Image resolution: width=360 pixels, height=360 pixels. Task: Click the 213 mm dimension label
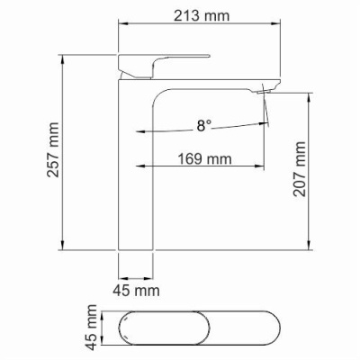tap(202, 15)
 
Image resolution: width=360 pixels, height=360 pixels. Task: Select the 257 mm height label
tap(53, 149)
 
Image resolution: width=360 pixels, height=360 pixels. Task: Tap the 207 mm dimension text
tap(299, 169)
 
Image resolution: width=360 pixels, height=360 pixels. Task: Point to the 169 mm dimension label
tap(205, 158)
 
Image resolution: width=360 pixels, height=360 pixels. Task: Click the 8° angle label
tap(204, 125)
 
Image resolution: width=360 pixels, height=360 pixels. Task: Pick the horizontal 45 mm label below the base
tap(136, 291)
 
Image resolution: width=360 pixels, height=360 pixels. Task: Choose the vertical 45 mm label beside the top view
tap(92, 327)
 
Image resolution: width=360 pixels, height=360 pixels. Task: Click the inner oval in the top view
tap(165, 328)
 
